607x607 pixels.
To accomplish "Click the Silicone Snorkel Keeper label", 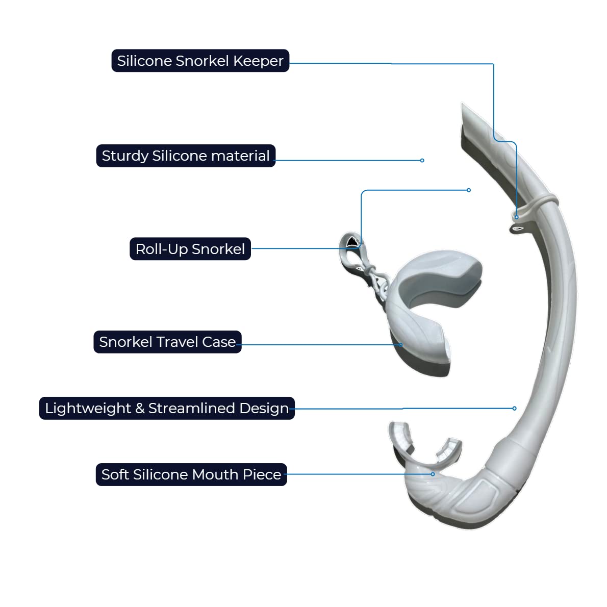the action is click(200, 61).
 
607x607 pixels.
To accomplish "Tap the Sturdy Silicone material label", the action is click(186, 156).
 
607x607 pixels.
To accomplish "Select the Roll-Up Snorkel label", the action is click(190, 249).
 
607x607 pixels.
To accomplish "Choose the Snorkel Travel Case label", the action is click(167, 342).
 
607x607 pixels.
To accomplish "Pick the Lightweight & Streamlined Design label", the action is click(167, 408).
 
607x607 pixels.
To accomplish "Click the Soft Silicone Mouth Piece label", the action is click(191, 474).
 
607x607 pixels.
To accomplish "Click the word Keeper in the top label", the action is click(258, 61).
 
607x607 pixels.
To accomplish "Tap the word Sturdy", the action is click(125, 156).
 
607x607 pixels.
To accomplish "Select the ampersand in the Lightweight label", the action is click(140, 408).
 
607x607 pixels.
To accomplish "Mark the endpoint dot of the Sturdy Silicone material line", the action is click(422, 160).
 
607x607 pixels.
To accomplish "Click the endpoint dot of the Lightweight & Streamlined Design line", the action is click(514, 408).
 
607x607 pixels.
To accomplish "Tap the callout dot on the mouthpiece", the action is click(433, 474).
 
